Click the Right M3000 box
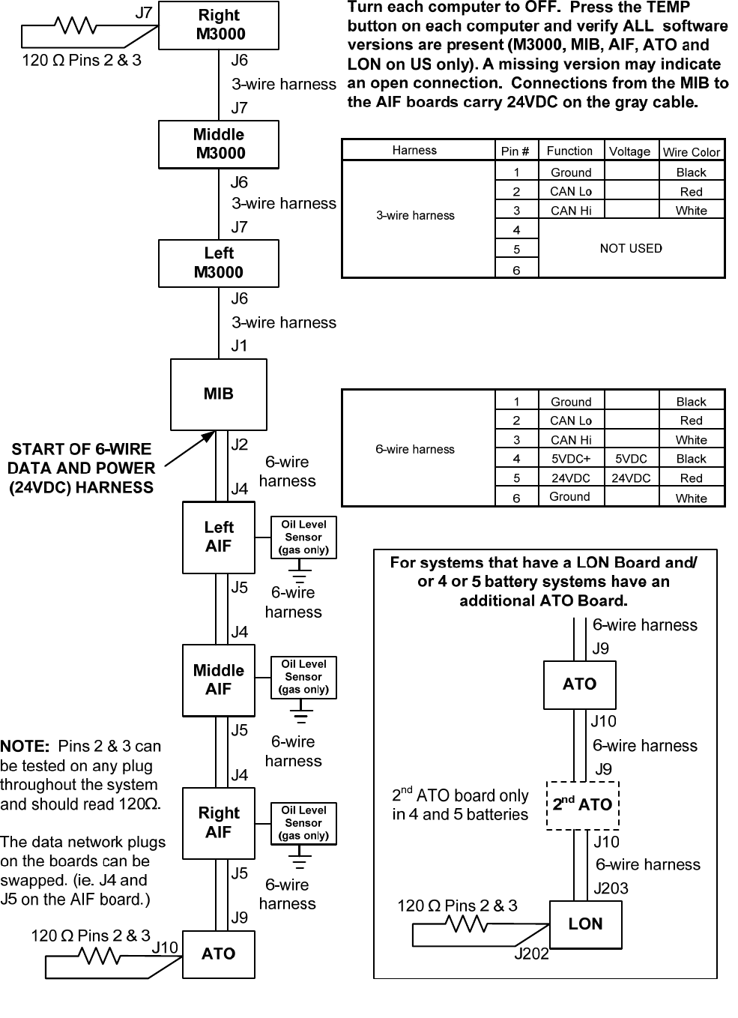coord(218,25)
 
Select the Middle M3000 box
coord(218,144)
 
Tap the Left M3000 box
coord(218,263)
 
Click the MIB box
coord(218,394)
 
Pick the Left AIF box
coord(218,537)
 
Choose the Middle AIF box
coord(218,680)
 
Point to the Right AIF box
coord(218,823)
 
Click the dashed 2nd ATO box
coord(582,805)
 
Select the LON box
coord(585,924)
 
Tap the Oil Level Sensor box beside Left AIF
coord(303,537)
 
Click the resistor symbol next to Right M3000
coord(74,27)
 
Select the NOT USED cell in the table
coord(631,248)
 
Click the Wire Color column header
coord(691,151)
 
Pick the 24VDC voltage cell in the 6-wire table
coord(631,478)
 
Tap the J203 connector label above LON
coord(611,888)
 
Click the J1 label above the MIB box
coord(239,346)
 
